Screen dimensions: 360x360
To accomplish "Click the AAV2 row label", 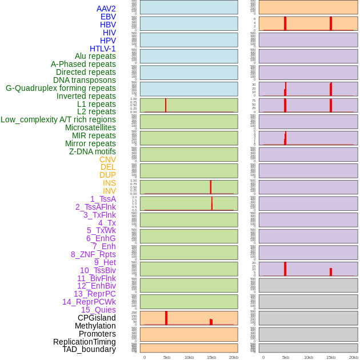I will click(106, 9).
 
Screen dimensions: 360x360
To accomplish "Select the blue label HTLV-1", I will click(102, 49).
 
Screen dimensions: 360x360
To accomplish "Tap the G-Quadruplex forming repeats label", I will click(61, 88).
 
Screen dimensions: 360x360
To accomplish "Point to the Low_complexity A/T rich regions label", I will click(58, 119).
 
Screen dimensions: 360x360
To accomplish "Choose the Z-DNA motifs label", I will click(93, 151).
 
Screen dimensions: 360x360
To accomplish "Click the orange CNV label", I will click(107, 159).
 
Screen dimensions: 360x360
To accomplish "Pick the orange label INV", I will click(109, 191).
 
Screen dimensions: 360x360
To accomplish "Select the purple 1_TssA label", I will click(103, 199).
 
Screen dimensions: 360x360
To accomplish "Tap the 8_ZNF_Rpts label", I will click(93, 254).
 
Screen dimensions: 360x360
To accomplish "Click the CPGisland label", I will click(97, 318).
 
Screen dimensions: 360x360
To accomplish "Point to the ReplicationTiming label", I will click(84, 342).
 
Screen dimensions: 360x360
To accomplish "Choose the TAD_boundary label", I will click(89, 349).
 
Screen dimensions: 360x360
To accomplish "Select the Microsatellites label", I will click(90, 127).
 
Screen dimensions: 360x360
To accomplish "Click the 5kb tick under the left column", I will click(167, 357).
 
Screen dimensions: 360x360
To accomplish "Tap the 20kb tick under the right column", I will click(353, 357).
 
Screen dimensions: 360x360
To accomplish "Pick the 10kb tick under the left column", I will click(189, 357).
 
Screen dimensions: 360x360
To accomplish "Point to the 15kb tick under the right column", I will click(331, 357).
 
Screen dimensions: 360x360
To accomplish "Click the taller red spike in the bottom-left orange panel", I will click(166, 318).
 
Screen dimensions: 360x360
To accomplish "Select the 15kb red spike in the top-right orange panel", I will click(331, 23).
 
